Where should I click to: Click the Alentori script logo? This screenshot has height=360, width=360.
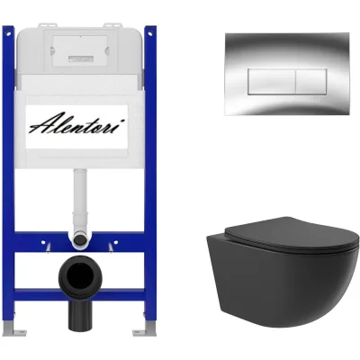76,122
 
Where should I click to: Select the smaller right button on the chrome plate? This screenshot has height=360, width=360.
311,82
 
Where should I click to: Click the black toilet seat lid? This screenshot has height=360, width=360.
291,236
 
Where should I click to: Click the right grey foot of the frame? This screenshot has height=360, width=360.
145,329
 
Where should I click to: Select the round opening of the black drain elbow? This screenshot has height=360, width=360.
80,276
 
